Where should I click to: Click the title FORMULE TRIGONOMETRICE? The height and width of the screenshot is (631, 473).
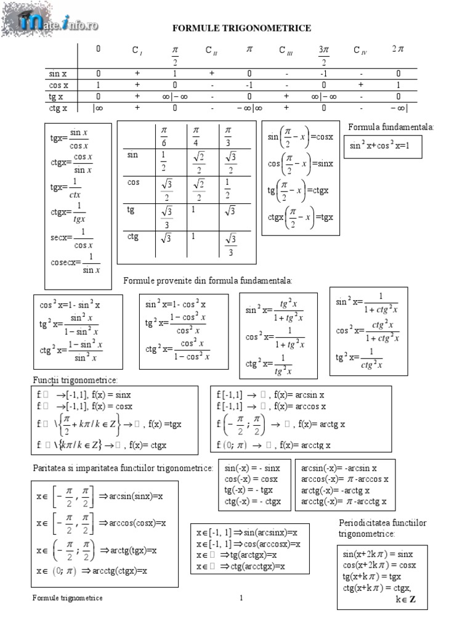(241, 28)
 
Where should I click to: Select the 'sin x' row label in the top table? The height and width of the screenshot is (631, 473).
(58, 74)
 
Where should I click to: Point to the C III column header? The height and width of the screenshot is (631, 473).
(286, 51)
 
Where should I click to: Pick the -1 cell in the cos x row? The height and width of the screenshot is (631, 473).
(249, 85)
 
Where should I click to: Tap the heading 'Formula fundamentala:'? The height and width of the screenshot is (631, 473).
(391, 127)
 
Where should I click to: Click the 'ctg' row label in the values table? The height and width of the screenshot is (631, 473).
(133, 236)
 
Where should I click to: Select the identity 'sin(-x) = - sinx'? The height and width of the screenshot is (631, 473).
(253, 468)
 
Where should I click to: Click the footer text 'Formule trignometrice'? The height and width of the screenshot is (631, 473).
(68, 598)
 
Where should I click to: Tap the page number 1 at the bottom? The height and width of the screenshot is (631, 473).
(242, 598)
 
